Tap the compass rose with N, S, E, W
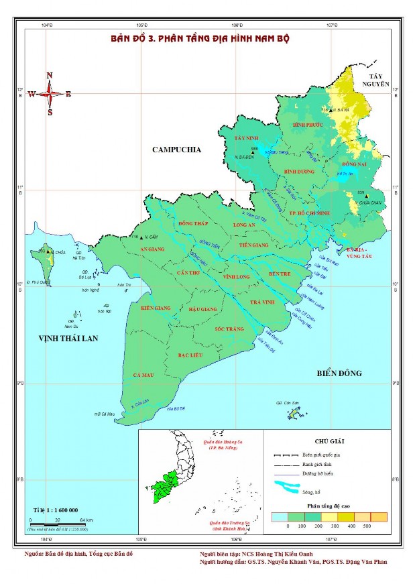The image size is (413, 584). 50,94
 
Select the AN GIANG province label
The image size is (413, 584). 152,248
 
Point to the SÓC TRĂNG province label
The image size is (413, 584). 228,330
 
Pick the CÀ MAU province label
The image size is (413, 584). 143,374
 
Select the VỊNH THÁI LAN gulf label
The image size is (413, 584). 69,339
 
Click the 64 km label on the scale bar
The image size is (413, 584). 86,520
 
